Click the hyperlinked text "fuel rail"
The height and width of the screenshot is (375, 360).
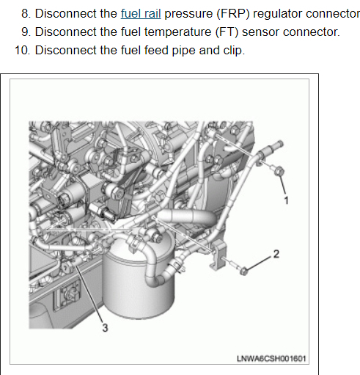point(141,13)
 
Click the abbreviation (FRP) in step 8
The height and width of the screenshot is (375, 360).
point(233,14)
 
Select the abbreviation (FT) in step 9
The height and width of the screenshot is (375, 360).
point(227,32)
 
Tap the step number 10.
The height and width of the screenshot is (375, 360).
point(22,51)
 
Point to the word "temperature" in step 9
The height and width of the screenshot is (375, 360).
point(178,32)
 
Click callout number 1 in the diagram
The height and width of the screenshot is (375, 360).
point(286,200)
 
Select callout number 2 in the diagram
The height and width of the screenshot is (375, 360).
point(276,254)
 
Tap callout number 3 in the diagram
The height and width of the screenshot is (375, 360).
point(105,328)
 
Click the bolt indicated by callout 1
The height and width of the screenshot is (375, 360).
point(279,171)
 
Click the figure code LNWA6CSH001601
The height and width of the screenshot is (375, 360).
point(271,359)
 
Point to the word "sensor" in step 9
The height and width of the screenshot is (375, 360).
point(260,32)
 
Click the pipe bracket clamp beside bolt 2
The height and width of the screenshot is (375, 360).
point(217,255)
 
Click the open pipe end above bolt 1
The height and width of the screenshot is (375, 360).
point(280,144)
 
